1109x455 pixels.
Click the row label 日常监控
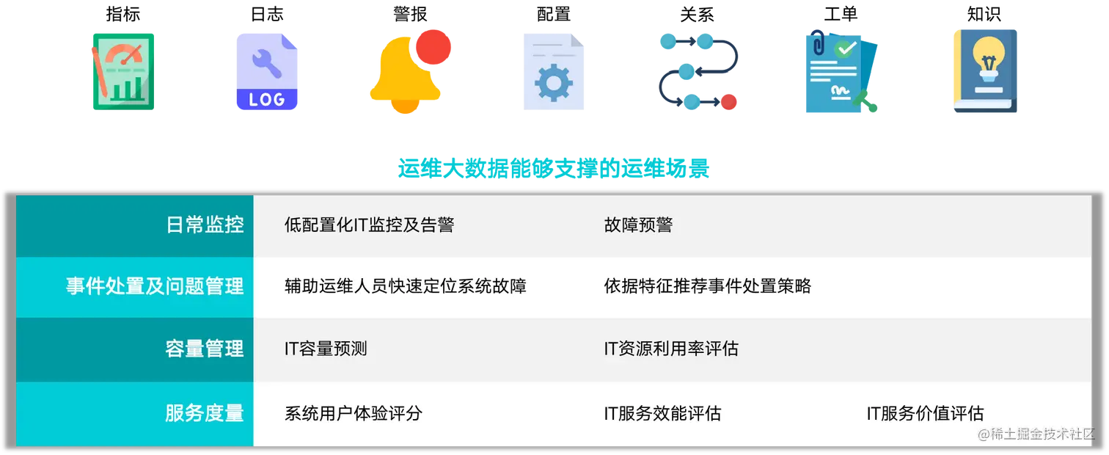205,225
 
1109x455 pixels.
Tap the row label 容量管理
205,349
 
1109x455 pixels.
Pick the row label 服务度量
205,413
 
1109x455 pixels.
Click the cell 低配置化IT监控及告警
369,225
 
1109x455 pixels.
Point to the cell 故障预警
638,225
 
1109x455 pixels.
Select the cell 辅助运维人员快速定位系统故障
405,286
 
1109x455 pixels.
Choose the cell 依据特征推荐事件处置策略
707,286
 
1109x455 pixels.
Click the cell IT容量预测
326,349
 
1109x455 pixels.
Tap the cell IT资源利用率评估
670,349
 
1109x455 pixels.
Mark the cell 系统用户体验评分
353,413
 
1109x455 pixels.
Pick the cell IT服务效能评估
662,413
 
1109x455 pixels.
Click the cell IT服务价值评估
924,413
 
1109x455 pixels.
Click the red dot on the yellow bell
432,46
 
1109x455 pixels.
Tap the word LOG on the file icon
267,99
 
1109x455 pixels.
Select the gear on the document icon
553,83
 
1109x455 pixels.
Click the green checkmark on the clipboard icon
846,48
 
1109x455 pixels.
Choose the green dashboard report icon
122,70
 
